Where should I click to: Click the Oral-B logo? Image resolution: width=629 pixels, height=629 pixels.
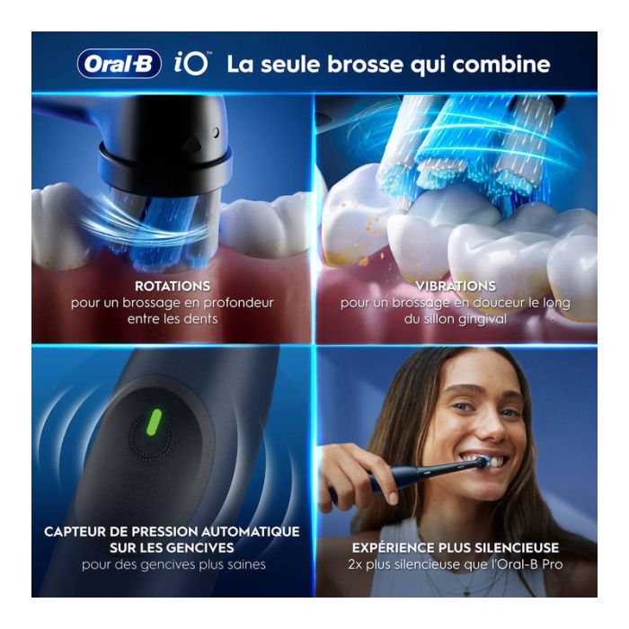[120, 64]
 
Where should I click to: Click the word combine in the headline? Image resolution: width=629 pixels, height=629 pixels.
[501, 64]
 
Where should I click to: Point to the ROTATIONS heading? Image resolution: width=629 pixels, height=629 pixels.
[173, 286]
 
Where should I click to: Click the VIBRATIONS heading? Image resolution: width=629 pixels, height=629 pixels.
[456, 286]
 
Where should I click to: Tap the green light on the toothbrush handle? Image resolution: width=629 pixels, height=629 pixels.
[155, 422]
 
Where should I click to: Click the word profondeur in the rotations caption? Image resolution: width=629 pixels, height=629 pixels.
[238, 303]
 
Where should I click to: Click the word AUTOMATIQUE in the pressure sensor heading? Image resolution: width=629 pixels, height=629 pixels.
[251, 532]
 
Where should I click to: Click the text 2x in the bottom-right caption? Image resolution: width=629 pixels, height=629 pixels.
[355, 565]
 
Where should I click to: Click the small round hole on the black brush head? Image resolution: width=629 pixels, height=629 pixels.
[217, 132]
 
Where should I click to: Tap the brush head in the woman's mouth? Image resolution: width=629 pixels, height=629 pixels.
[481, 463]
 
